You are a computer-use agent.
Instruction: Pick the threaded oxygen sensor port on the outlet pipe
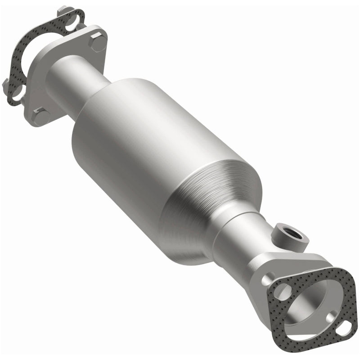284,234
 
